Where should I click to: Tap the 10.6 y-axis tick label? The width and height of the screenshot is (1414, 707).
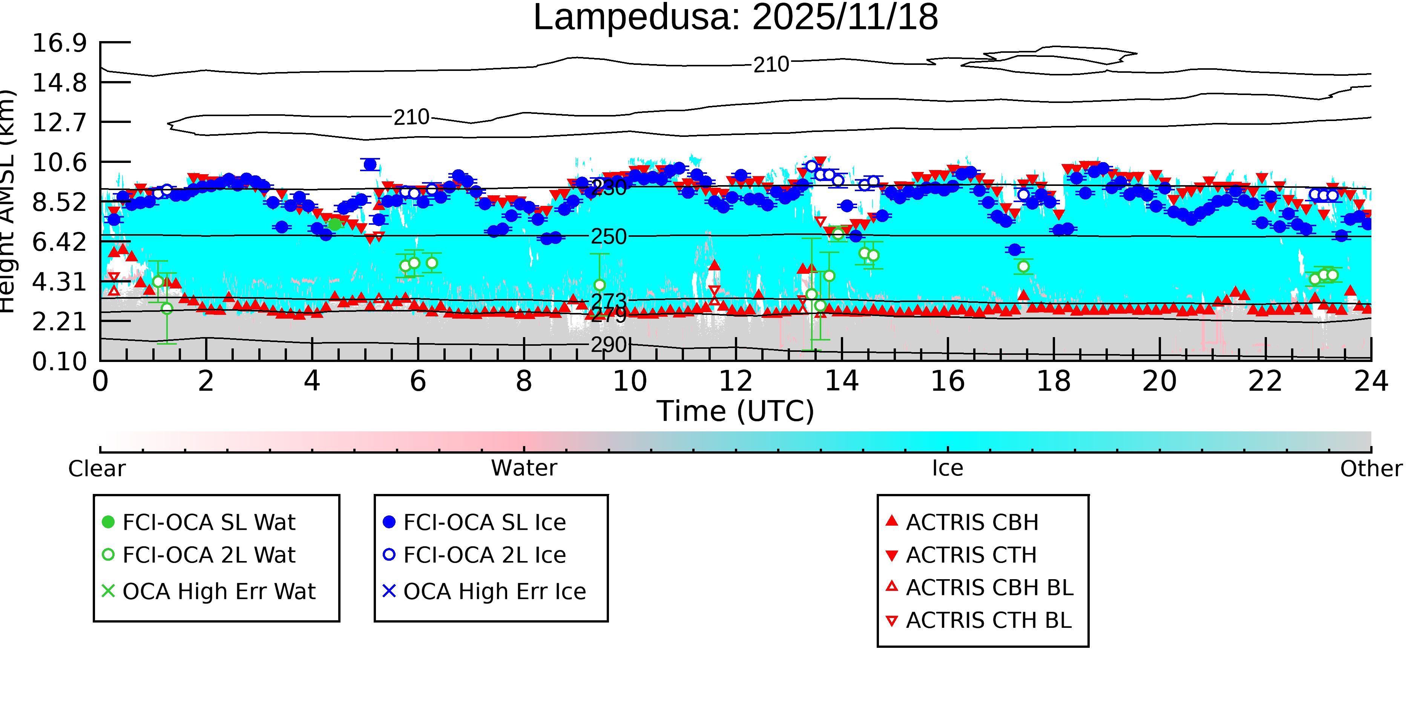tap(59, 163)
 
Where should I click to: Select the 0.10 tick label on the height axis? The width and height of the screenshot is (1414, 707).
tap(59, 362)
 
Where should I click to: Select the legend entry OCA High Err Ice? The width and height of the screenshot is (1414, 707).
tap(494, 592)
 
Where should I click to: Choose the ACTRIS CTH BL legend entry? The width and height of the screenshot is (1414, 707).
tap(988, 621)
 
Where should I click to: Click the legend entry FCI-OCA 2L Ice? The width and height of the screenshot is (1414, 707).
tap(484, 555)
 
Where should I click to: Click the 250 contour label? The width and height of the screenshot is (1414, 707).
tap(608, 236)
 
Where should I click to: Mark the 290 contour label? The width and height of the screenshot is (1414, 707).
tap(608, 345)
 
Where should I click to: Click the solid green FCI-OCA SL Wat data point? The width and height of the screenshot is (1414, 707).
tap(335, 224)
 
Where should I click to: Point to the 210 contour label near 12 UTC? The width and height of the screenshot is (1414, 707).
tap(771, 65)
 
